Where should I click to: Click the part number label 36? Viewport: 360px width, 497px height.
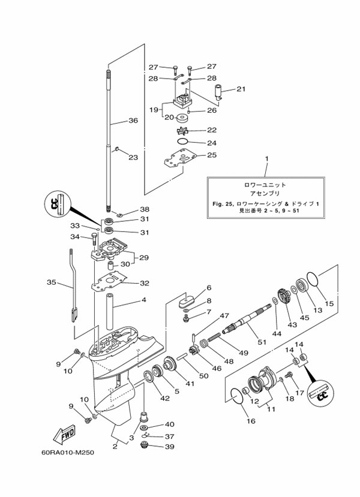[x=133, y=121]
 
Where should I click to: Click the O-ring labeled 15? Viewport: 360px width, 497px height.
[x=313, y=279]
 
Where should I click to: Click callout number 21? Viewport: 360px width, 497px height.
[x=241, y=89]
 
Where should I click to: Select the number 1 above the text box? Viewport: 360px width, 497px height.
[x=266, y=160]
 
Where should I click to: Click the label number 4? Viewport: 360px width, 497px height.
[x=143, y=300]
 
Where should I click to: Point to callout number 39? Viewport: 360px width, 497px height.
[x=170, y=447]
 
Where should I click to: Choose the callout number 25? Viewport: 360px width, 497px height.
[x=194, y=155]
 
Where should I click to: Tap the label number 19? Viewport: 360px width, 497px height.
[x=137, y=110]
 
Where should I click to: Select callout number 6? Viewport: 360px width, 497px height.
[x=209, y=288]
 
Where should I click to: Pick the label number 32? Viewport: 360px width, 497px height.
[x=144, y=283]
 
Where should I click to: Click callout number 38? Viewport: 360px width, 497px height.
[x=144, y=209]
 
